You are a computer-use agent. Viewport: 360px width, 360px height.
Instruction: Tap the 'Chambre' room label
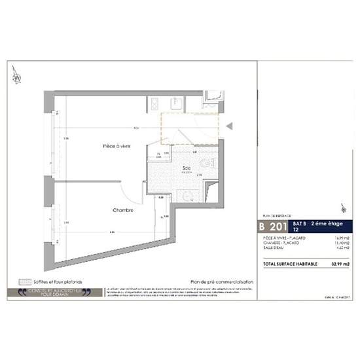(122, 210)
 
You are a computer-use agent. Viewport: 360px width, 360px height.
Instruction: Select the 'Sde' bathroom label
(187, 168)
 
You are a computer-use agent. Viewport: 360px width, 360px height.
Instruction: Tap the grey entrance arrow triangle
(230, 125)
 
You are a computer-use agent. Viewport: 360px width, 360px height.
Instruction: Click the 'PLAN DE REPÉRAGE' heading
(274, 215)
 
